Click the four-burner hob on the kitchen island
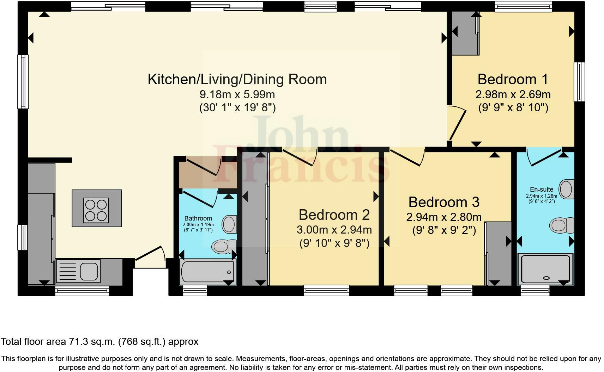pos(96,210)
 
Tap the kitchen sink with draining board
pos(78,271)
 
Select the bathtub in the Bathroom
pos(207,272)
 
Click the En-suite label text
pos(542,189)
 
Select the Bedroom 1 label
pos(513,79)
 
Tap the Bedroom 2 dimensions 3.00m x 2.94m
pos(334,230)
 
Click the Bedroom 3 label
pos(444,202)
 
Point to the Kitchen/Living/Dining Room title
pos(237,79)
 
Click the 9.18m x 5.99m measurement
pos(237,94)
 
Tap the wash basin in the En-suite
pos(566,189)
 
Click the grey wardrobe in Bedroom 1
pos(465,34)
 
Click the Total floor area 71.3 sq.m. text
pos(99,341)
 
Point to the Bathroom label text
pos(198,218)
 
